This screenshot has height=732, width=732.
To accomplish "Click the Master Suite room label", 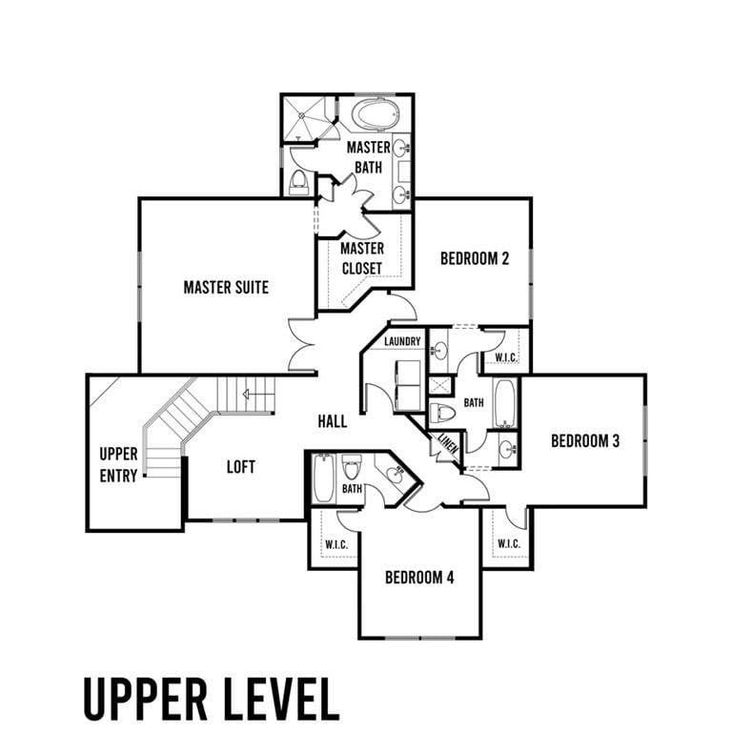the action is point(226,287).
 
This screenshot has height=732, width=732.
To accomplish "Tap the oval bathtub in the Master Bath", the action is point(376,113).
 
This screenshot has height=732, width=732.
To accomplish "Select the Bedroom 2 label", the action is point(475,258).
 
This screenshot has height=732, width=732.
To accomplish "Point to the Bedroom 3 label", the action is point(585,440).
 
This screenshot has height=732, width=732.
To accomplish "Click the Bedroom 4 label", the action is point(419,578).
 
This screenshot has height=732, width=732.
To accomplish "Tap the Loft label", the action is point(241,466).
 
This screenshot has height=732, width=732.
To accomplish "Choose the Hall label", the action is point(333,421).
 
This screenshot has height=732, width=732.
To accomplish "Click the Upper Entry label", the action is point(118,464).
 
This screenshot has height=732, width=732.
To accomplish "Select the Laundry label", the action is point(402,341).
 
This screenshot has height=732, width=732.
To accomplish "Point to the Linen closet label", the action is point(448,443).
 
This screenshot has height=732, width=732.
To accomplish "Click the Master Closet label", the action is point(362,258).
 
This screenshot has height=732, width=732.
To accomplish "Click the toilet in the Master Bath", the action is point(298,182).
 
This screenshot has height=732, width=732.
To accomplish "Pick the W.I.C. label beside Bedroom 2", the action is point(505,357).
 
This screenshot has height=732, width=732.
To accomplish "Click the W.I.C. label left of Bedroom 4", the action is point(336,544).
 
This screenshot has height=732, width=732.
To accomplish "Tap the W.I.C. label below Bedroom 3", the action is point(509,543).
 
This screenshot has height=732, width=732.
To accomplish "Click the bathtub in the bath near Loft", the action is point(323,478).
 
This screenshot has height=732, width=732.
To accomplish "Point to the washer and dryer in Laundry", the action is point(408,385).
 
